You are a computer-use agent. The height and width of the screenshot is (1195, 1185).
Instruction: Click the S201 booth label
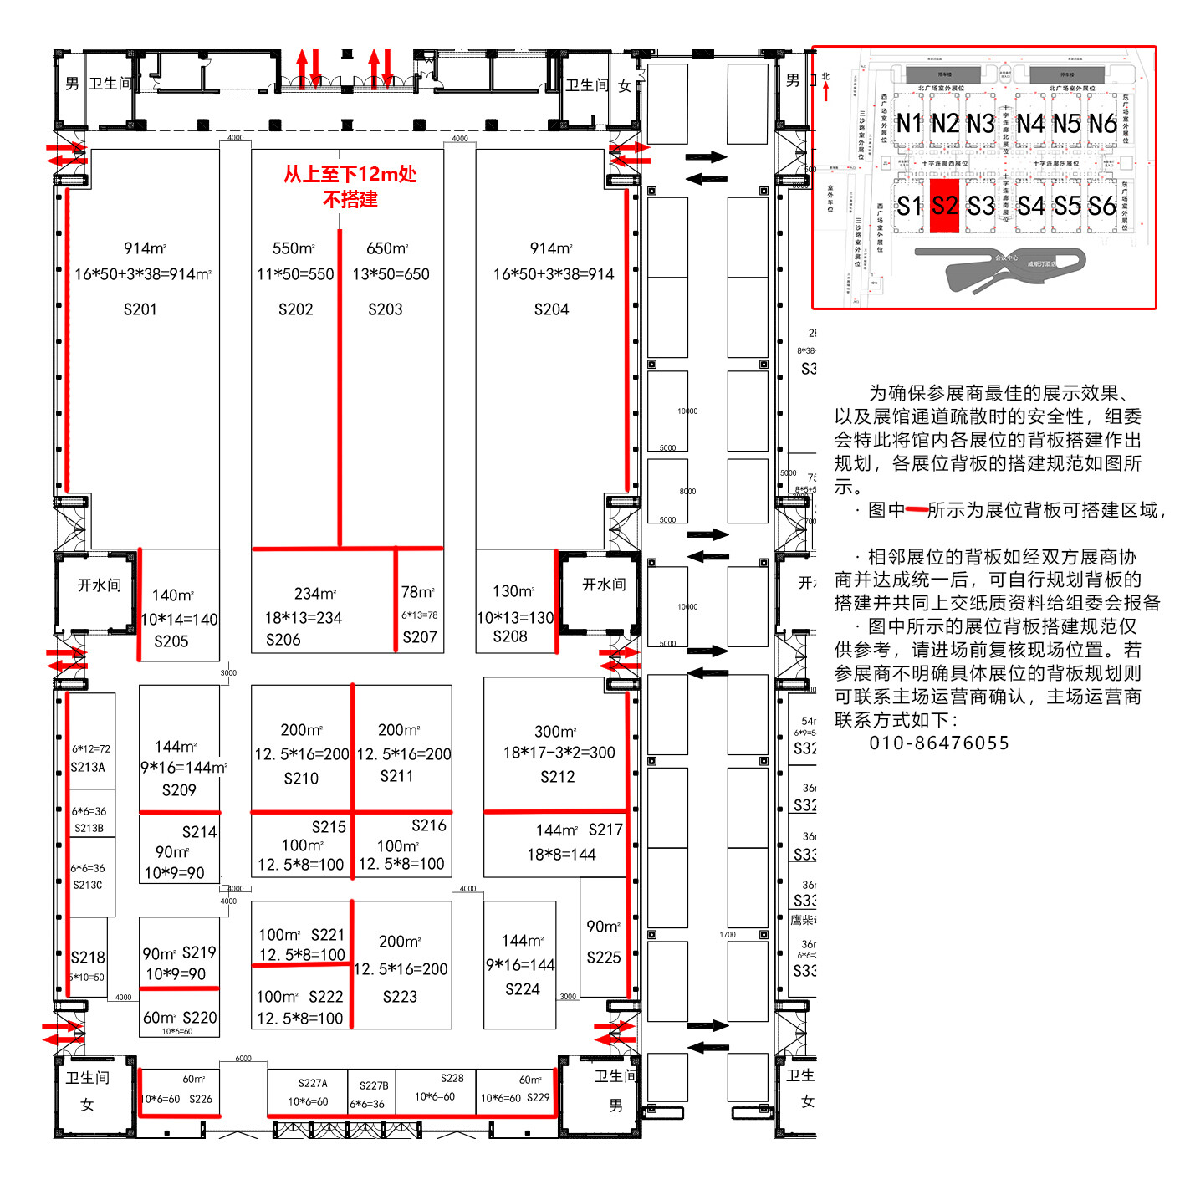tap(140, 309)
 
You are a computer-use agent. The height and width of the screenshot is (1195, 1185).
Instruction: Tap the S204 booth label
tap(551, 309)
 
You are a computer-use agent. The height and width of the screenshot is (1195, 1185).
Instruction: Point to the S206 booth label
tap(283, 640)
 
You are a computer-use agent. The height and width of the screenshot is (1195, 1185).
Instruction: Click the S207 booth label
tap(420, 637)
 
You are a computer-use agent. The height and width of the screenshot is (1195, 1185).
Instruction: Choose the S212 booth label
tap(557, 777)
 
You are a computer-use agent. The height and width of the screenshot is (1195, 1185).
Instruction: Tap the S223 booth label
tap(400, 996)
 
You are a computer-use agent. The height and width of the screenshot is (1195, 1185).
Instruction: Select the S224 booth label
tap(523, 989)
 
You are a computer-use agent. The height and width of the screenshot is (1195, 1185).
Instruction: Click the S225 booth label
tap(604, 958)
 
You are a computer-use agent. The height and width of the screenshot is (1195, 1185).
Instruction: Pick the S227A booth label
tap(313, 1083)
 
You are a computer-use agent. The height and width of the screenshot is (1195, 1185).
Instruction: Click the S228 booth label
tap(452, 1079)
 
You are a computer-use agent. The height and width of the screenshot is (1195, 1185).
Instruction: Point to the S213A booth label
tap(88, 768)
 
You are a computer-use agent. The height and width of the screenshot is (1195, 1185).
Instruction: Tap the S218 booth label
tap(88, 958)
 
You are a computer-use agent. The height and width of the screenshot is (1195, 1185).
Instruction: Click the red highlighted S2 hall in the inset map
tap(944, 206)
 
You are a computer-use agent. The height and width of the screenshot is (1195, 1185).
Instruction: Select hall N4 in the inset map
tap(1030, 124)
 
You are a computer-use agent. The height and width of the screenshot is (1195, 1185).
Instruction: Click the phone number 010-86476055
tap(939, 743)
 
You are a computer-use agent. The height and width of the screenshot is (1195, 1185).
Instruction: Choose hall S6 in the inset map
tap(1102, 206)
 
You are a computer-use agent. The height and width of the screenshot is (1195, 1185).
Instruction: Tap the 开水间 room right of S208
tap(604, 585)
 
